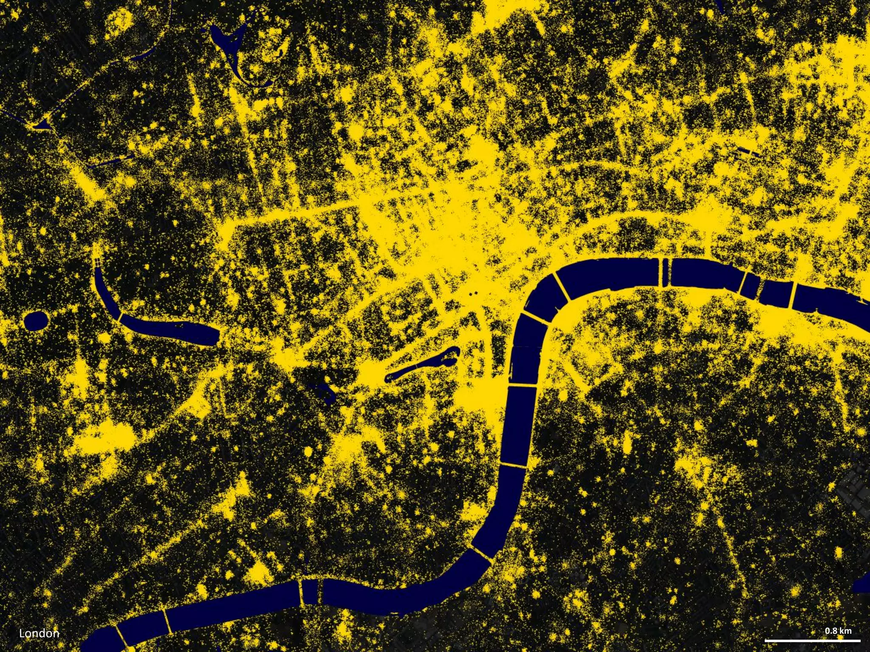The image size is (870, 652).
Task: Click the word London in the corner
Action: (x=39, y=634)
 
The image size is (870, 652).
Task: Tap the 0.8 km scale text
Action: (x=838, y=631)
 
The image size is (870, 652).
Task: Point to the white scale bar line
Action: (x=812, y=641)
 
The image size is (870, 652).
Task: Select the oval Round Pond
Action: (x=36, y=320)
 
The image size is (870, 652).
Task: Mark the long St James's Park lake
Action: (x=421, y=365)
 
